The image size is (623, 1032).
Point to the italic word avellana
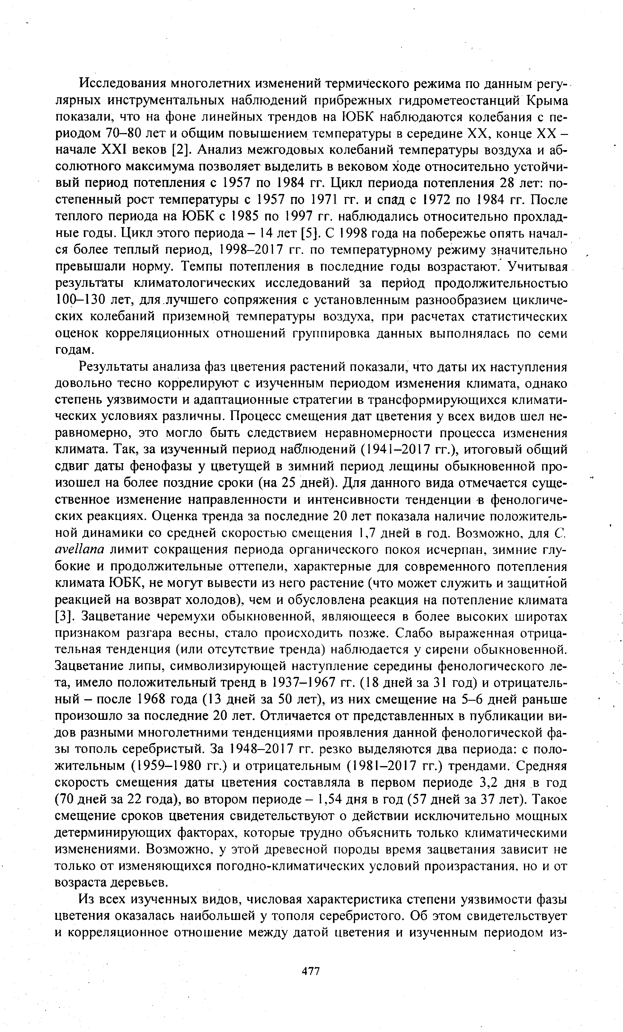(x=80, y=550)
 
